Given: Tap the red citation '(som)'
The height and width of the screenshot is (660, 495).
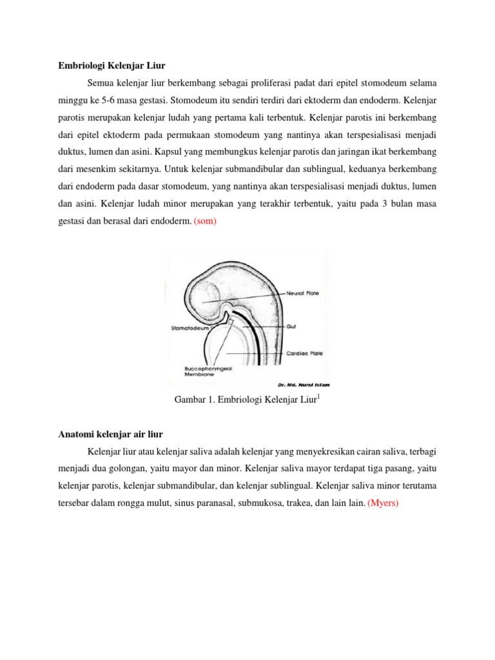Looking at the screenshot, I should [x=206, y=221].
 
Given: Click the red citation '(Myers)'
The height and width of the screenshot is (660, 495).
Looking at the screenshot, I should [x=383, y=503].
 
